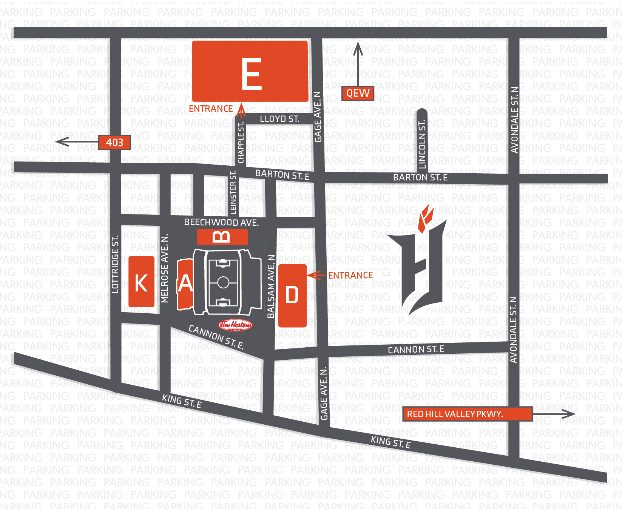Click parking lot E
[x=250, y=71]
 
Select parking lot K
[x=141, y=282]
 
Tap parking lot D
[x=292, y=295]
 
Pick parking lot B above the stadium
[x=222, y=237]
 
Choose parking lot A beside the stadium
[x=185, y=284]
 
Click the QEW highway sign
[x=358, y=93]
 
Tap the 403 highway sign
[x=114, y=142]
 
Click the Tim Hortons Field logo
[x=235, y=325]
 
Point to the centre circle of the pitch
[x=223, y=282]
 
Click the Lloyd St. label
[x=279, y=119]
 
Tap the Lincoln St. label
[x=422, y=144]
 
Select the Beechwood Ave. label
[x=221, y=222]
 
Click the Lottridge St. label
[x=115, y=264]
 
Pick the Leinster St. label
[x=233, y=193]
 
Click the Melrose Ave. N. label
[x=165, y=268]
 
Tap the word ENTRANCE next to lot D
[x=350, y=276]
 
